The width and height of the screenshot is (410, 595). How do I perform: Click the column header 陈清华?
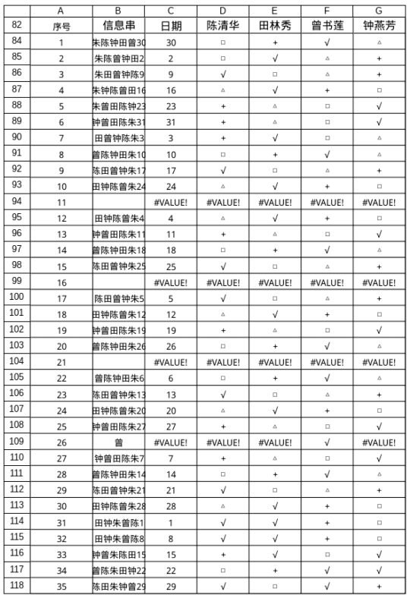[223, 25]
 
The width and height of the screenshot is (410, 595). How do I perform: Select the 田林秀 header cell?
[275, 25]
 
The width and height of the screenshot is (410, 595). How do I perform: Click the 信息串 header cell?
[118, 25]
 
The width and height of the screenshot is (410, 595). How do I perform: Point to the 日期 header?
[171, 25]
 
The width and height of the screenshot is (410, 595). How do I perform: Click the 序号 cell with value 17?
[61, 298]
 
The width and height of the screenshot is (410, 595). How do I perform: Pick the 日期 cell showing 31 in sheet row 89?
[171, 122]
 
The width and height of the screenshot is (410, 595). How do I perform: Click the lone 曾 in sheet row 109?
[118, 442]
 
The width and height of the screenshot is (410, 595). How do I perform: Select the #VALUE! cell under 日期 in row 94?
[171, 202]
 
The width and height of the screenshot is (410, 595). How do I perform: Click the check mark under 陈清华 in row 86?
[223, 74]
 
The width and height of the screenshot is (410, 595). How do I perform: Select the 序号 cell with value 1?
[61, 42]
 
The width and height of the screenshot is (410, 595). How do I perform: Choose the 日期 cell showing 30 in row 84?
[171, 42]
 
